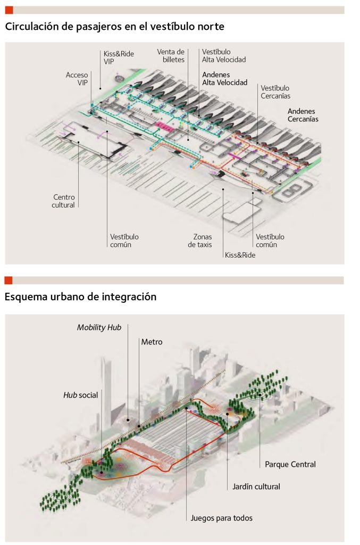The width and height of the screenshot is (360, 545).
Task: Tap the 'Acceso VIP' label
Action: pos(77,79)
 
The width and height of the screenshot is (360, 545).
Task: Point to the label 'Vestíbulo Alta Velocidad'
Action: pos(224,55)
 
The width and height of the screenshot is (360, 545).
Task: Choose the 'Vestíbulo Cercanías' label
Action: pos(275,92)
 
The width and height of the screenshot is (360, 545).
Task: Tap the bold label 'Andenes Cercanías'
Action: pos(303,115)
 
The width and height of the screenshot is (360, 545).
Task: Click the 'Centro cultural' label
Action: pos(63,201)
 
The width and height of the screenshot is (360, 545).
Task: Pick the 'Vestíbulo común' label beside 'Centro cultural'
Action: pos(124,241)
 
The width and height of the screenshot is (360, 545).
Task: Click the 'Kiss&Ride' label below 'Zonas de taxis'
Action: pos(240,255)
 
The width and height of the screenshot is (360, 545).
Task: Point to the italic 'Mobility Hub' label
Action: pos(99,327)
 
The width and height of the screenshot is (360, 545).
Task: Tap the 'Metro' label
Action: pos(152,342)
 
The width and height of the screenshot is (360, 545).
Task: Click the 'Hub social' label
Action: pos(80,395)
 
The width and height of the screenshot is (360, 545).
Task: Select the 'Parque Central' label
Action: pos(290,464)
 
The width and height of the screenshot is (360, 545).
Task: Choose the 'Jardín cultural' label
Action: pos(256,486)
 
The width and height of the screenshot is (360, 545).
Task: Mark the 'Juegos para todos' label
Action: pos(222,517)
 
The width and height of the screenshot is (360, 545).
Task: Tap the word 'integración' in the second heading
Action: pos(130,297)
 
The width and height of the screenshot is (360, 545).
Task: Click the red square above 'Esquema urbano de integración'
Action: pos(9,280)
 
